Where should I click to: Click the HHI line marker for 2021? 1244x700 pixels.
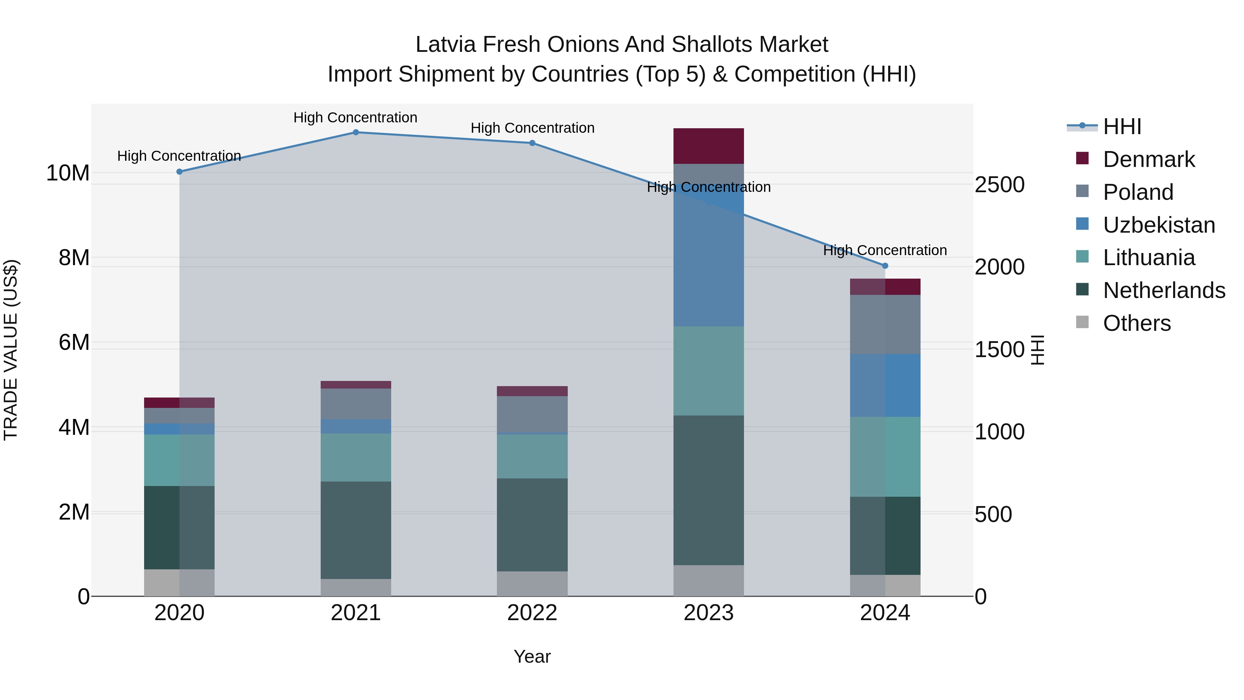pos(356,132)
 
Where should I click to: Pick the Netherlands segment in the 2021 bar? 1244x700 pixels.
pos(356,530)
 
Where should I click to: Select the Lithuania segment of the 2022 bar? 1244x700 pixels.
pos(532,457)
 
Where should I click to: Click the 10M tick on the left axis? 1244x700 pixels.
pos(68,173)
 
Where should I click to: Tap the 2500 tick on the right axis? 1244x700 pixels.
pos(999,185)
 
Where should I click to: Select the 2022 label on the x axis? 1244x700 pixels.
pos(532,613)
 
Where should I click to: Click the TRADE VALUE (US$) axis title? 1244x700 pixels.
pos(11,350)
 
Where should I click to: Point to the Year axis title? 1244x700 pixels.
pos(532,656)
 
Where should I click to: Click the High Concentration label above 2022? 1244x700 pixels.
pos(532,128)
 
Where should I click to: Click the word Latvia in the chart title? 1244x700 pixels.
pos(445,45)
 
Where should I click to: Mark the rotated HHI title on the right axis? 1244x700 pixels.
pos(1037,350)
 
